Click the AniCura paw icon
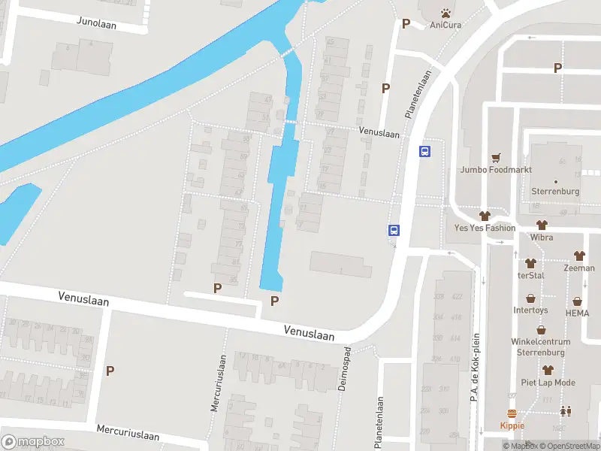[446, 13]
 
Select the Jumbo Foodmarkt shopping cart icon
[495, 158]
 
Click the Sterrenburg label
[555, 191]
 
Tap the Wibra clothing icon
[541, 225]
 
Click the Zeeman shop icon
[578, 256]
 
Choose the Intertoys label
[530, 310]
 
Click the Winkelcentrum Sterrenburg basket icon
[541, 329]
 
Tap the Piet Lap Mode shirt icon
[548, 370]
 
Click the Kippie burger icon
[512, 413]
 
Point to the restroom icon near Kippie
[564, 411]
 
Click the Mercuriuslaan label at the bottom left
[128, 433]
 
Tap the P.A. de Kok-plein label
[475, 367]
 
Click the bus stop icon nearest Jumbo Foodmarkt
[424, 151]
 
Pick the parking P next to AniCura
[406, 23]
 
